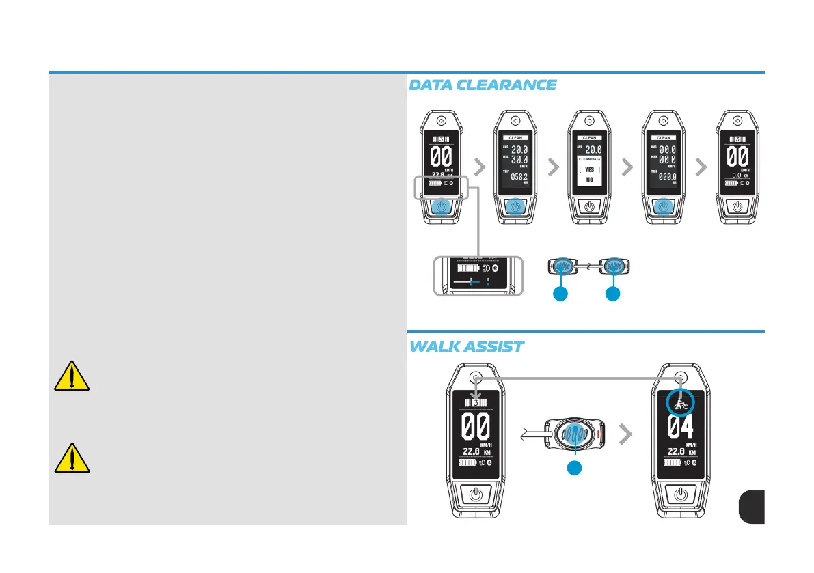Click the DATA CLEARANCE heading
pyautogui.click(x=482, y=85)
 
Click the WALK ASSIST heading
pyautogui.click(x=466, y=346)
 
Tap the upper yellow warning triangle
pyautogui.click(x=71, y=375)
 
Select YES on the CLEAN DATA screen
pyautogui.click(x=588, y=169)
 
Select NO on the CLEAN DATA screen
pyautogui.click(x=588, y=180)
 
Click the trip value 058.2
pyautogui.click(x=519, y=176)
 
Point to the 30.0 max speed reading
pyautogui.click(x=519, y=159)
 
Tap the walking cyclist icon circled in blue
pyautogui.click(x=680, y=402)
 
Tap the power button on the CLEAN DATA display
pyautogui.click(x=589, y=206)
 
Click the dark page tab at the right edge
pyautogui.click(x=751, y=507)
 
